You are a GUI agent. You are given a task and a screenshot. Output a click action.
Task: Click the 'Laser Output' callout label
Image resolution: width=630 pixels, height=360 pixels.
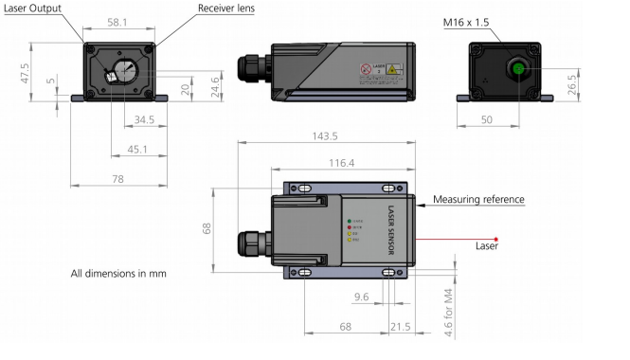[x=35, y=9]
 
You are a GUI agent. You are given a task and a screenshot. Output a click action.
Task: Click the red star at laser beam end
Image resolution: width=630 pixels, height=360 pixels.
[x=495, y=240]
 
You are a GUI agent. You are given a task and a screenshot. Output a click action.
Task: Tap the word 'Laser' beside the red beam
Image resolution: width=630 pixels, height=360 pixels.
[x=486, y=247]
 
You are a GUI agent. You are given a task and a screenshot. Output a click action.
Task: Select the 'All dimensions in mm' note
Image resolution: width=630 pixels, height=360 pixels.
[x=118, y=274]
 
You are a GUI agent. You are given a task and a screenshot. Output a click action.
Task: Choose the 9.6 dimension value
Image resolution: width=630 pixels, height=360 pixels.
[x=360, y=297]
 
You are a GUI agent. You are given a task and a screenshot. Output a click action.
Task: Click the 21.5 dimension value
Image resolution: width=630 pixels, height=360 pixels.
[x=401, y=327]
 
